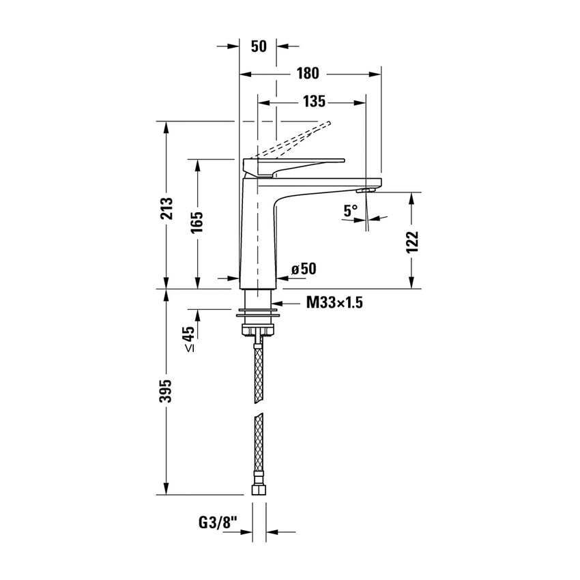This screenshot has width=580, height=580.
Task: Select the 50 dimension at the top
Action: (258, 46)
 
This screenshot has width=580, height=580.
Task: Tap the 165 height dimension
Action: (197, 224)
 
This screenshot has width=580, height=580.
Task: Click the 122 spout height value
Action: (411, 242)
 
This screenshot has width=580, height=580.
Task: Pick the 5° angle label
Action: (351, 211)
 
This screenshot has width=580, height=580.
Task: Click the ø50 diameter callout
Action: (303, 269)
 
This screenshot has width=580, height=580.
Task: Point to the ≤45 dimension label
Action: (189, 338)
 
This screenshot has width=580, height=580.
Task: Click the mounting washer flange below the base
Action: (258, 317)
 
